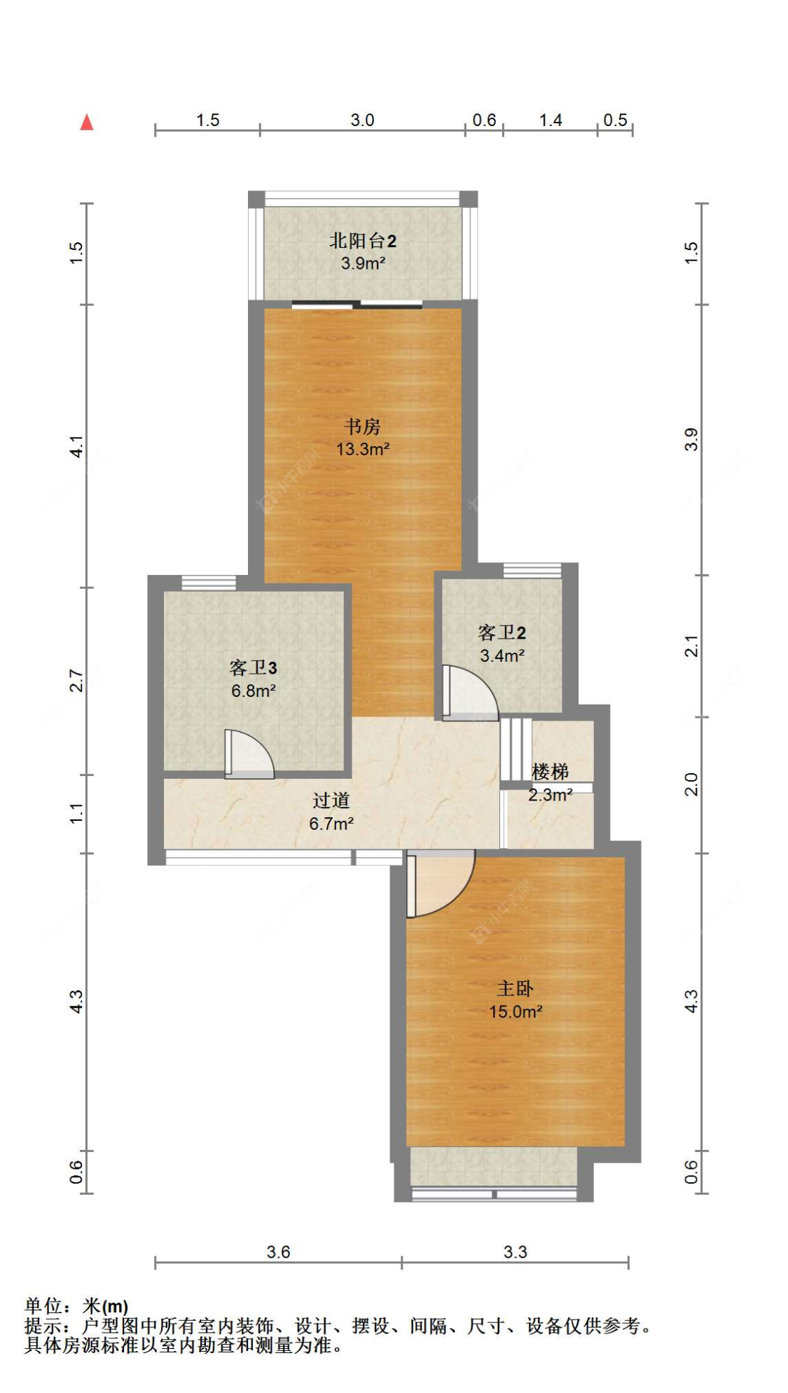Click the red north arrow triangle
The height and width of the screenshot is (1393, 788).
coord(87,123)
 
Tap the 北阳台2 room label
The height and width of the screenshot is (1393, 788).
coord(362,241)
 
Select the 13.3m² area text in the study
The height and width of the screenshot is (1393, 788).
coord(362,449)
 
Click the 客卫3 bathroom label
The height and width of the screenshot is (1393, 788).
coord(253,667)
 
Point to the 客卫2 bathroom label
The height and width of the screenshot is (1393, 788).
coord(502,632)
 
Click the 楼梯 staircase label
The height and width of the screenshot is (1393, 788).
coord(550,772)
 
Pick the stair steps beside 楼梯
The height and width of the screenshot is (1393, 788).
coord(516,748)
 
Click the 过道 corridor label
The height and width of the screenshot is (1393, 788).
coord(331,800)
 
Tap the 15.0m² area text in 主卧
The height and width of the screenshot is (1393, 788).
coord(516,1011)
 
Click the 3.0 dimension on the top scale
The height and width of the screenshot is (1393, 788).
coord(362,120)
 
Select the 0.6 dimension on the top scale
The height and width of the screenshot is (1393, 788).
coord(484,120)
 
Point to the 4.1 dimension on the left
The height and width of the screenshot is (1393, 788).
coord(76,446)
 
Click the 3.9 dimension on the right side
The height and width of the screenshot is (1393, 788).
coord(691,439)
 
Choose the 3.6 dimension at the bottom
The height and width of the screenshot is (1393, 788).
coord(278,1252)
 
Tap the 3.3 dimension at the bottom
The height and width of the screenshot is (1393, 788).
coord(515,1252)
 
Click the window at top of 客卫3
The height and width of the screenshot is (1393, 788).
coord(208,582)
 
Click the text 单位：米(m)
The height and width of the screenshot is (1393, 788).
coord(76,1306)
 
